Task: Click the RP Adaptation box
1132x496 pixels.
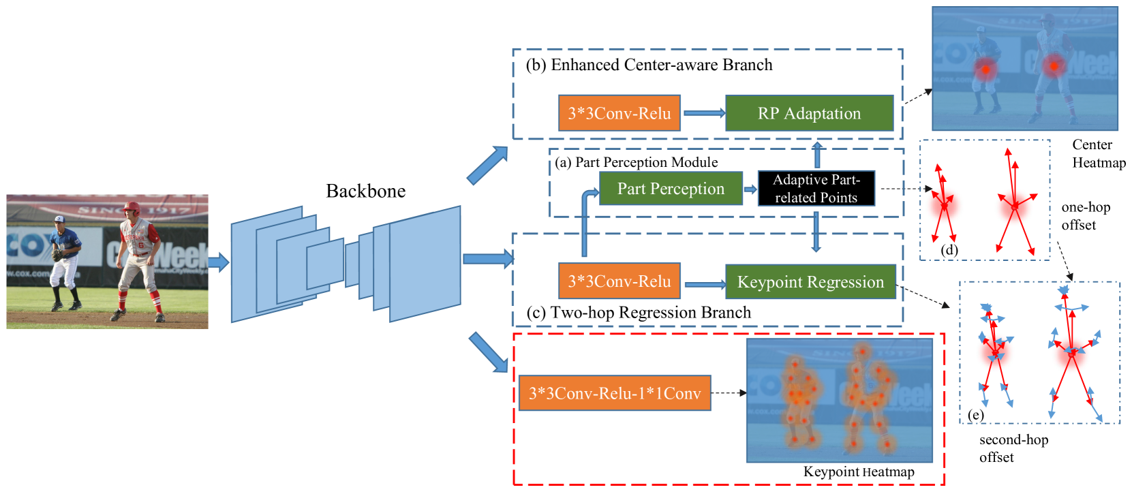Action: coord(809,113)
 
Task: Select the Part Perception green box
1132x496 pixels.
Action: coord(671,189)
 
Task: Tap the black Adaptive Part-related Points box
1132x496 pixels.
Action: coord(816,189)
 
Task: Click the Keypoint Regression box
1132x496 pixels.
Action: coord(810,282)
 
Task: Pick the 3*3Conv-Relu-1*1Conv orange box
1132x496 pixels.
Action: coord(615,393)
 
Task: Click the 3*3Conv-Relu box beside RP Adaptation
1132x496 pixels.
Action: coord(619,113)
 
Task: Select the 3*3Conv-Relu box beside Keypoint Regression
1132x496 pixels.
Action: coord(619,281)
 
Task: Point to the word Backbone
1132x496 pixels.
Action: coord(365,191)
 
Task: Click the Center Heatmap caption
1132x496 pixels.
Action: coord(1098,154)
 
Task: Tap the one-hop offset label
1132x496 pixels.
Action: coord(1085,216)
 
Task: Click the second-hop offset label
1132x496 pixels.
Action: coord(1013,448)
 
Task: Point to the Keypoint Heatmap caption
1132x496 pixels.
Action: coord(858,472)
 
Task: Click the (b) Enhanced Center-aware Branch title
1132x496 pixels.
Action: coord(649,65)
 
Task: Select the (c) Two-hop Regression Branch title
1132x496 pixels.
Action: coord(639,313)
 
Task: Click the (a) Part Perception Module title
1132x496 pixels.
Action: coord(636,162)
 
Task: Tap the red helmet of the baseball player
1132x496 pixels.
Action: coord(132,207)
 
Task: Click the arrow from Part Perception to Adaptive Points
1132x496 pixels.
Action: coord(750,189)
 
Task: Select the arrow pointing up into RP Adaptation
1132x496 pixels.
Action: coord(817,154)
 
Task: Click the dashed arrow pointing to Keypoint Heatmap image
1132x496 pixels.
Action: coord(729,393)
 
